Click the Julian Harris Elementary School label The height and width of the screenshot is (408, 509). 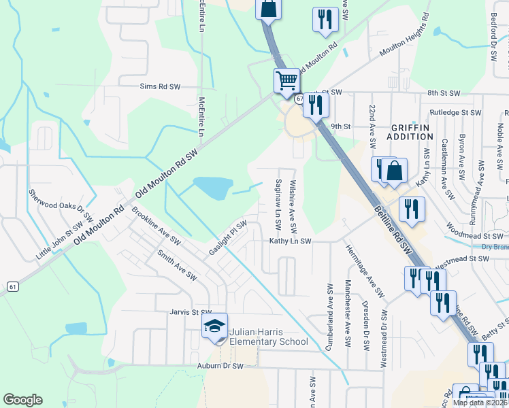click(269, 337)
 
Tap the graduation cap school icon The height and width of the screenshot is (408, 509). click(214, 327)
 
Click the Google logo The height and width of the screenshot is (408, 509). click(22, 400)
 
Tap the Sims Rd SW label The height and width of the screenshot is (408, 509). click(159, 87)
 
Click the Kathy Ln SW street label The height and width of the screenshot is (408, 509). click(290, 241)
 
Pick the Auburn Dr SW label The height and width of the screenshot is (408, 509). click(220, 366)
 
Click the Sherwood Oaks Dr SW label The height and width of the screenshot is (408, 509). click(61, 202)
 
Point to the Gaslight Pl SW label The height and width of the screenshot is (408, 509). click(228, 237)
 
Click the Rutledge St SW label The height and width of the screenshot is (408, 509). click(455, 112)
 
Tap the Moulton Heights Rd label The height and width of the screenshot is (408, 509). click(404, 35)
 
